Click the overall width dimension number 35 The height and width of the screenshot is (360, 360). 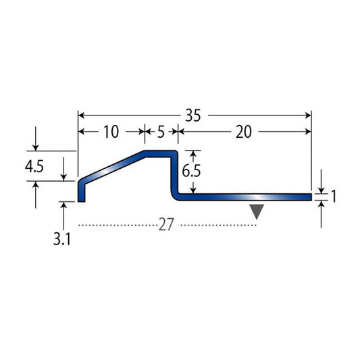(x=193, y=115)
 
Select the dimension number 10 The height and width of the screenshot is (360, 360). (x=111, y=132)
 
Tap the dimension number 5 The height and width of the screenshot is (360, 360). (x=161, y=132)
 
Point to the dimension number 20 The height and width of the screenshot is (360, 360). (x=244, y=132)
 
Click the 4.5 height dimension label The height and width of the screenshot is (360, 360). (x=34, y=167)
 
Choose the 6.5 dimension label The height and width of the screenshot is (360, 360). (x=191, y=171)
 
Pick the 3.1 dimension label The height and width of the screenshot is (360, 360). (x=61, y=239)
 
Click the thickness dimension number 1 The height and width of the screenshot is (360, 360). (x=334, y=197)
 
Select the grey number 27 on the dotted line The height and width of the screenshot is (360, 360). (x=165, y=225)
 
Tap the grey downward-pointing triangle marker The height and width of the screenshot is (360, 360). (x=257, y=211)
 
